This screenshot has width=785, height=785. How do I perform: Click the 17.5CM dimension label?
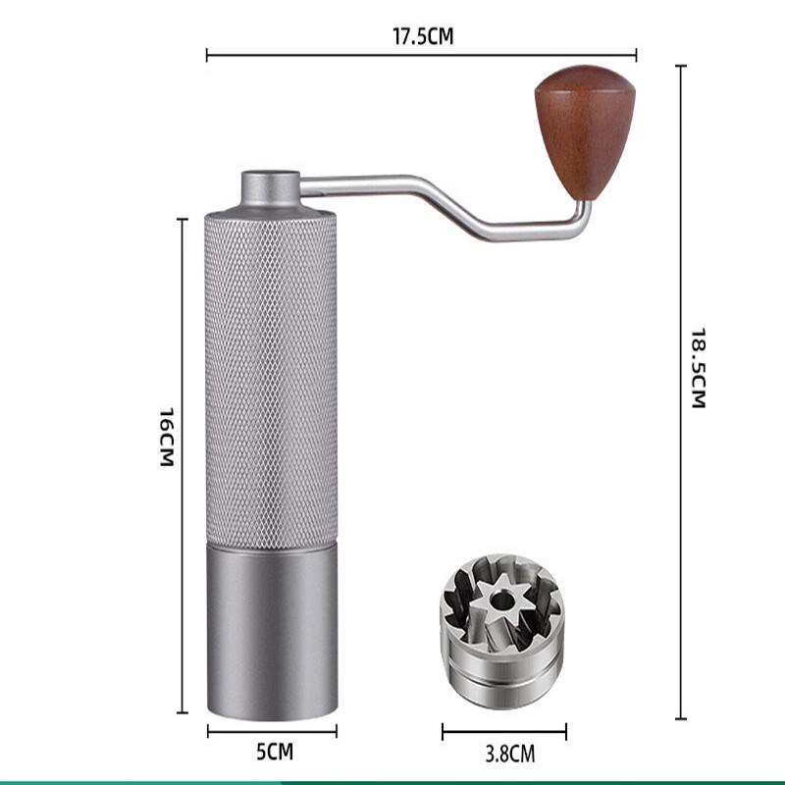pyautogui.click(x=423, y=37)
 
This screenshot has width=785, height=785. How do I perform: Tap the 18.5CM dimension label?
pyautogui.click(x=699, y=368)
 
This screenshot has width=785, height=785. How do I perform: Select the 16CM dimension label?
pyautogui.click(x=167, y=437)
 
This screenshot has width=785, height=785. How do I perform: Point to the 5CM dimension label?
pyautogui.click(x=275, y=753)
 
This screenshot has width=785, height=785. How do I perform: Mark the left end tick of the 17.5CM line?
pyautogui.click(x=207, y=54)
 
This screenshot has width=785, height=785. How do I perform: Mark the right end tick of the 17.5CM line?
pyautogui.click(x=636, y=54)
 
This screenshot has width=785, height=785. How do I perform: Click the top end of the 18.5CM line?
pyautogui.click(x=680, y=66)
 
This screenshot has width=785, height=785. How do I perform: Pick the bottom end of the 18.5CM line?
pyautogui.click(x=680, y=718)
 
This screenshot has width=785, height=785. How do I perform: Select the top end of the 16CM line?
pyautogui.click(x=182, y=220)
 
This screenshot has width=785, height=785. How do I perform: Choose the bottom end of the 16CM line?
pyautogui.click(x=182, y=712)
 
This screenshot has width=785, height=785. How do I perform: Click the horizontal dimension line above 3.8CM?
pyautogui.click(x=503, y=731)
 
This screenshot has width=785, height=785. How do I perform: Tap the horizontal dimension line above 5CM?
pyautogui.click(x=272, y=731)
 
